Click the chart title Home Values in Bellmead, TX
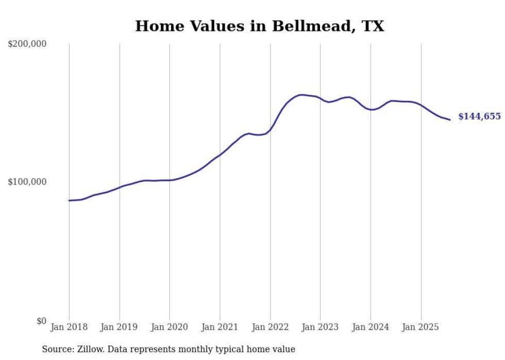[259, 26]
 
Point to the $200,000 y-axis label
[27, 44]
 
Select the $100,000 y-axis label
[27, 182]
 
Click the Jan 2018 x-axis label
[69, 327]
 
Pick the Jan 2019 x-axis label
[120, 327]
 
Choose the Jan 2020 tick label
[170, 327]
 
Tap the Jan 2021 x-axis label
[220, 327]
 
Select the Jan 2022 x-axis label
[270, 327]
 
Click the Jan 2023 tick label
[321, 327]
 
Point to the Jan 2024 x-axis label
[371, 327]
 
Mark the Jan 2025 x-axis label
[421, 327]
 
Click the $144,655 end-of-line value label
[479, 116]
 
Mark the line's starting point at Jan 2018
[69, 200]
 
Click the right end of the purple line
[450, 120]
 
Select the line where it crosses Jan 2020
[170, 180]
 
